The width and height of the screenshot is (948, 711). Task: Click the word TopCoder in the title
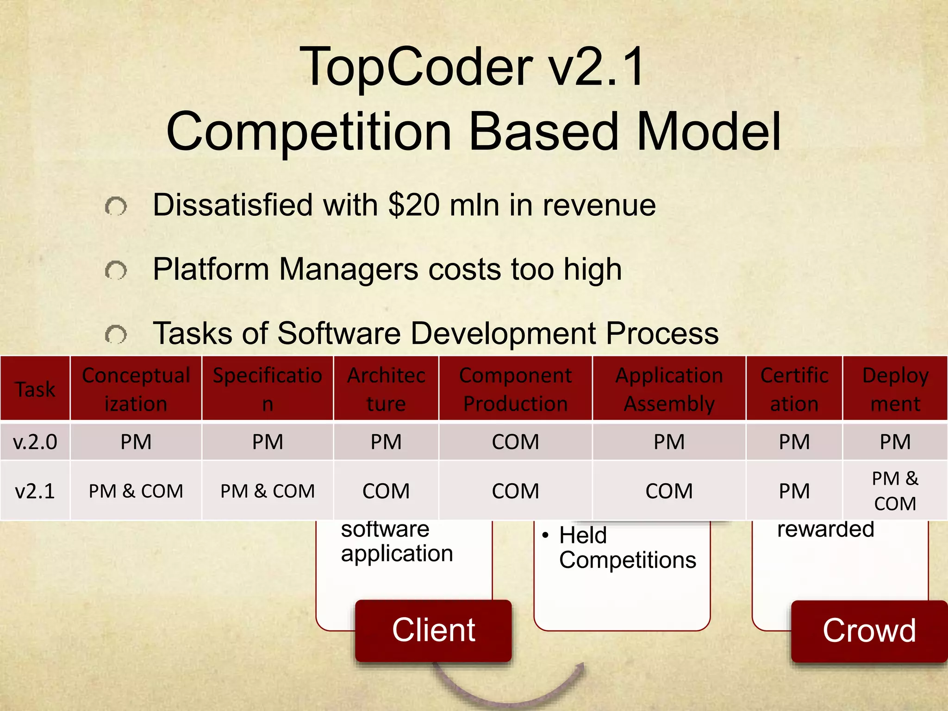416,68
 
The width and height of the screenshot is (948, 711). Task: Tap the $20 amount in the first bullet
414,205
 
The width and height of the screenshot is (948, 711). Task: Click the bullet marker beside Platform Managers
116,270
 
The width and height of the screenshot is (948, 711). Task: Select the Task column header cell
35,389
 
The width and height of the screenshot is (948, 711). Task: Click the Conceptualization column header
136,389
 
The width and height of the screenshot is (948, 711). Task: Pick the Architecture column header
386,389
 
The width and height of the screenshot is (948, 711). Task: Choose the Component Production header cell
515,389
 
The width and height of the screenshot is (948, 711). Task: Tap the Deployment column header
895,389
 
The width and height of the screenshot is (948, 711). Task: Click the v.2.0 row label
35,442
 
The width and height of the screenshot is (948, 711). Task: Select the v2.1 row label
35,491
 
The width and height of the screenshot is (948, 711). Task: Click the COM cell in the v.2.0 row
515,442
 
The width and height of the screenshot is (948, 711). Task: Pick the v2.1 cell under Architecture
386,491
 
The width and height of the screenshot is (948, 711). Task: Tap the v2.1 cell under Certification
794,491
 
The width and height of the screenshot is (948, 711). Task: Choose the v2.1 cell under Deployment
895,491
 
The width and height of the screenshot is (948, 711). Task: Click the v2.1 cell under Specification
268,491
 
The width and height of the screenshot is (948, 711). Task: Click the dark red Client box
433,630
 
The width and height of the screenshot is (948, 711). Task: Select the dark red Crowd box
869,630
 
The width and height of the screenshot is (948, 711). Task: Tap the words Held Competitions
627,548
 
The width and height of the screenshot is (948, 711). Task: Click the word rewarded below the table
825,529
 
